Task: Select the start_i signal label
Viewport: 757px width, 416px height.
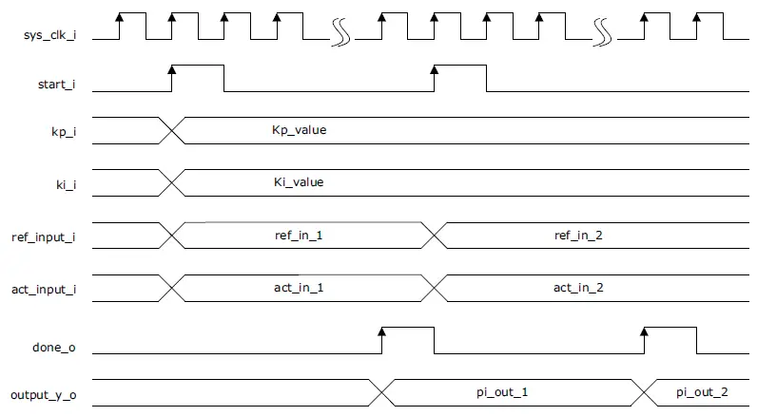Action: [55, 85]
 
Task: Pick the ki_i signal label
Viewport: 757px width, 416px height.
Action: [64, 182]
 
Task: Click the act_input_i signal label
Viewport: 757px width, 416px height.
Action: [45, 288]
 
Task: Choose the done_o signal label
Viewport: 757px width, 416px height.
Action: [56, 348]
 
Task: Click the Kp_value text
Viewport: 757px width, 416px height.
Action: [300, 129]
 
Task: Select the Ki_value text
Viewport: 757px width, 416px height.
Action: [299, 181]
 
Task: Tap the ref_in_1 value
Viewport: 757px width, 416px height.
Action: [299, 234]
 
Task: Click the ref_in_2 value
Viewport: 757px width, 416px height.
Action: [579, 234]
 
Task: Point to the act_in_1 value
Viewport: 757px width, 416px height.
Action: [299, 286]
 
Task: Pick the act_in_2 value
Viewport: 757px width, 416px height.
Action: [579, 286]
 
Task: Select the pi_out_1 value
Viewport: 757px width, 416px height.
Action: [502, 391]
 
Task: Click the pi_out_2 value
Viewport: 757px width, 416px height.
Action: [702, 391]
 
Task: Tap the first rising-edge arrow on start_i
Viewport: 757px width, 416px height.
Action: [172, 69]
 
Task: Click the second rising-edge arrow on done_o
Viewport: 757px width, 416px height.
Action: [645, 331]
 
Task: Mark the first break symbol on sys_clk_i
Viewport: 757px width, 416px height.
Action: [340, 34]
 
